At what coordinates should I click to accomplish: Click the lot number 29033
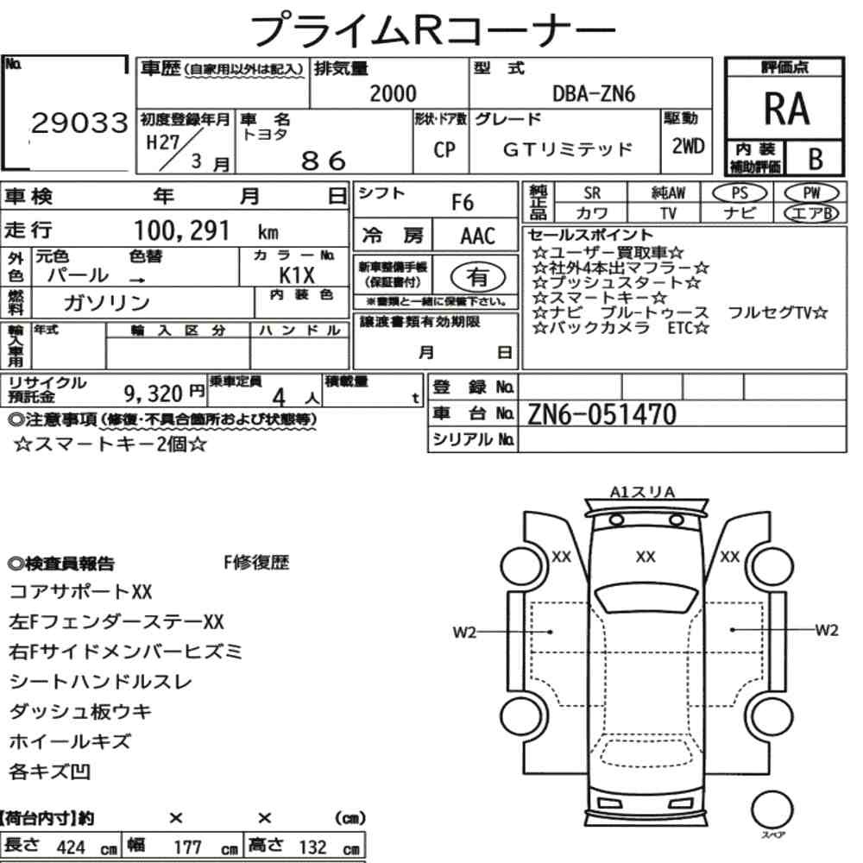pyautogui.click(x=79, y=123)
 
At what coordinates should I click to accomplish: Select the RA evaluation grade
pyautogui.click(x=786, y=109)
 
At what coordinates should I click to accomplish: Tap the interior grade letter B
pyautogui.click(x=816, y=159)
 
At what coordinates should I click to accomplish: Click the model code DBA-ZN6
pyautogui.click(x=594, y=94)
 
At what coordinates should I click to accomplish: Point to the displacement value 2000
pyautogui.click(x=393, y=93)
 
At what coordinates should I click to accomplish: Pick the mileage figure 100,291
pyautogui.click(x=181, y=230)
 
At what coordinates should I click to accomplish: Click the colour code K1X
pyautogui.click(x=297, y=274)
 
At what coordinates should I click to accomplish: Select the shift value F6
pyautogui.click(x=463, y=203)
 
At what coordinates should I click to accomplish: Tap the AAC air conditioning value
pyautogui.click(x=478, y=236)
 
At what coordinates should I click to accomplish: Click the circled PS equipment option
pyautogui.click(x=740, y=193)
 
